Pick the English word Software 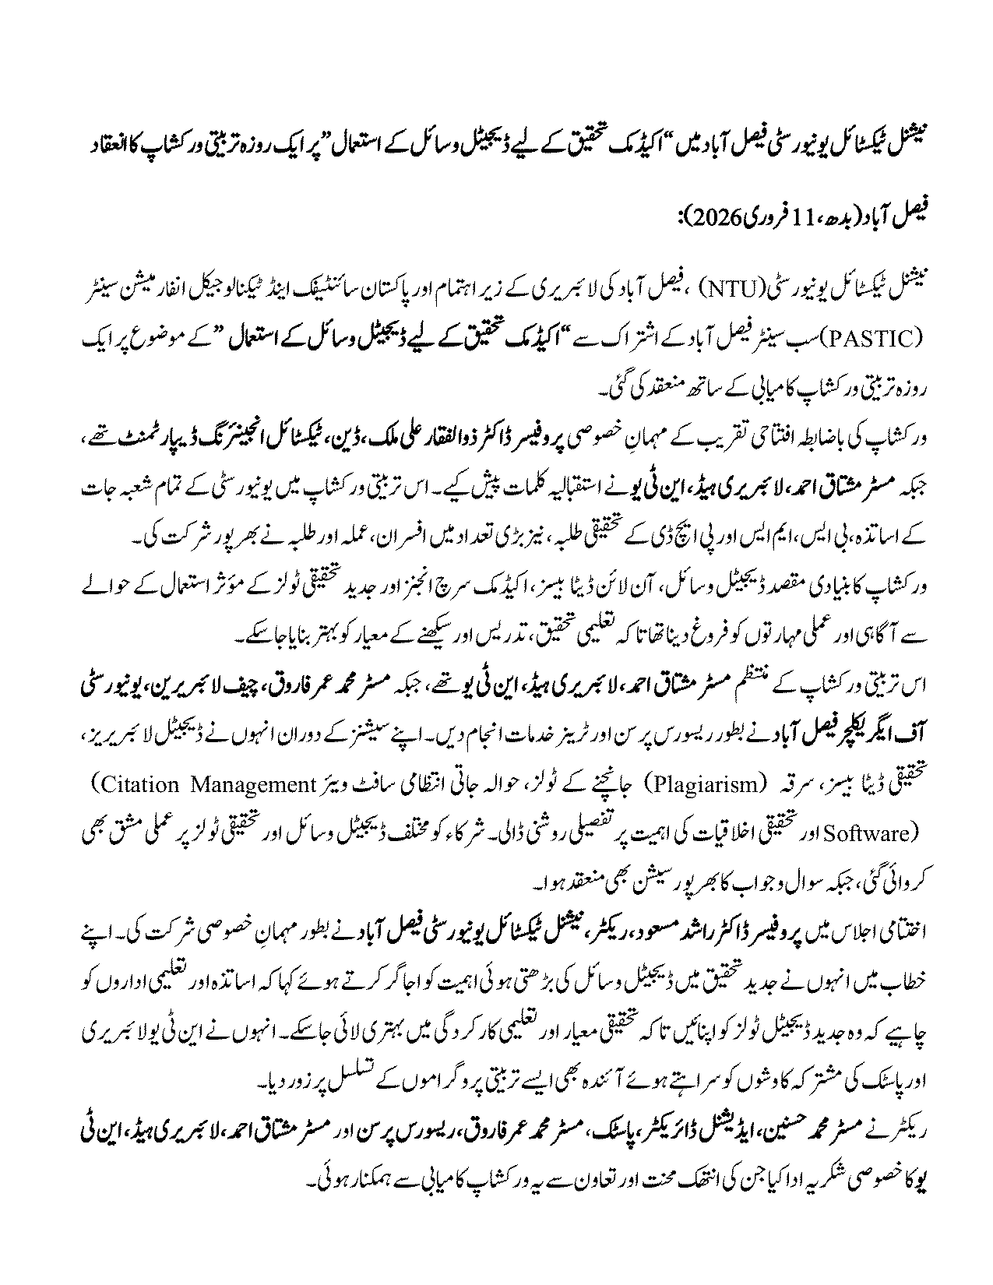(880, 833)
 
